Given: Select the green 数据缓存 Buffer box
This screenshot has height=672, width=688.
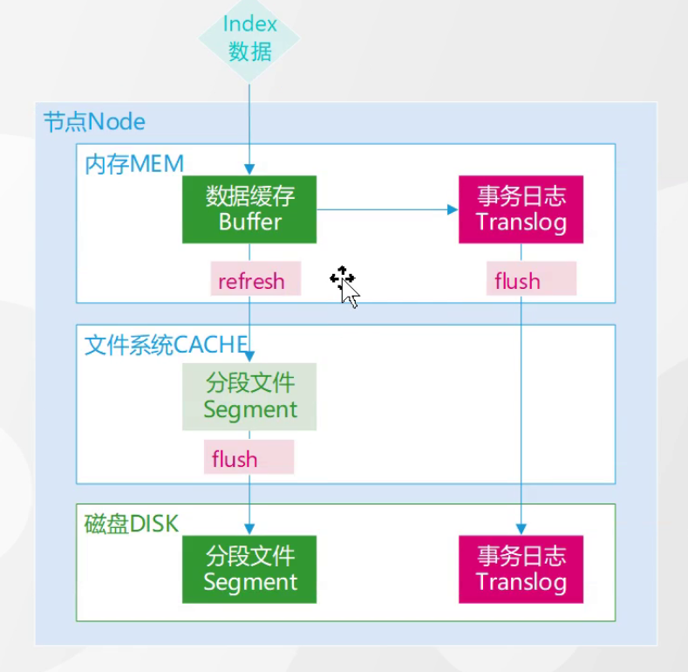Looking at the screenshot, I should coord(249,209).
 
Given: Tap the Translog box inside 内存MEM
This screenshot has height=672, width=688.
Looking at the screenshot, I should coord(521,209).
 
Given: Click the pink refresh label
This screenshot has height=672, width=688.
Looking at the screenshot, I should coord(252,281).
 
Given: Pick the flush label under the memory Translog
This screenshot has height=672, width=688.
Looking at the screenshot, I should coord(518,281).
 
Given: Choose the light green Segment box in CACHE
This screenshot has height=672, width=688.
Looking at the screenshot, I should coord(250,396).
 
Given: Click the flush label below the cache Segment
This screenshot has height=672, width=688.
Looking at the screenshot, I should coord(235,458).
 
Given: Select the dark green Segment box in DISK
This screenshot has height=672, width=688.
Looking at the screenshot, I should coord(250,569).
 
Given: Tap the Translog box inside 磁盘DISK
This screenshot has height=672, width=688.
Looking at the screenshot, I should coord(521,569).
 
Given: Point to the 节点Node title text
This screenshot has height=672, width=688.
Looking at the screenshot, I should coord(95,121).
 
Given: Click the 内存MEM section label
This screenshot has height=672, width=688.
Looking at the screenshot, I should coord(134,163).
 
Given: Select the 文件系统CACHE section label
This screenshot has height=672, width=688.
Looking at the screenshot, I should coord(166,345).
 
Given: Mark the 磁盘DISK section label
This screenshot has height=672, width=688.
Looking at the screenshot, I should coord(131,524).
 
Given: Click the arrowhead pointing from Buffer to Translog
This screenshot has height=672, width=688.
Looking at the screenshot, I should coord(453,209).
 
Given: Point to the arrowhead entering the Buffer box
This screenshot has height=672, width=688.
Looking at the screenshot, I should coord(250,170).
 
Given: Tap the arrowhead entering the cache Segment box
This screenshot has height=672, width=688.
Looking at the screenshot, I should coord(250,356).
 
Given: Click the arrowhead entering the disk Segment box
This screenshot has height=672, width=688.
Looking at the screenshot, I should coord(250,529).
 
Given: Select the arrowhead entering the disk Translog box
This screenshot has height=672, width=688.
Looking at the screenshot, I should coord(521,529).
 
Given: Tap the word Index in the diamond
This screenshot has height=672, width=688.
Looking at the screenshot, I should coord(250,24).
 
